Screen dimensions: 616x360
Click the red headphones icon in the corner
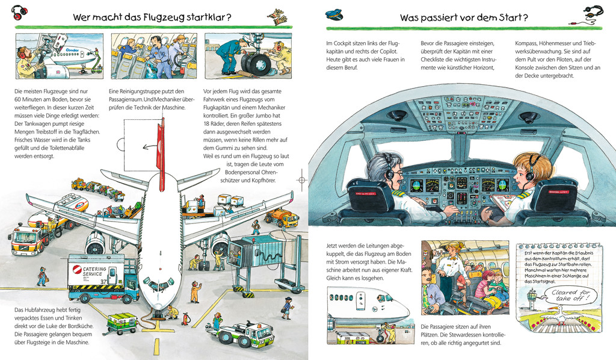19,13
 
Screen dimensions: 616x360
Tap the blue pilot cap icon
334,15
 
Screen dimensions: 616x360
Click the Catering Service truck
103,278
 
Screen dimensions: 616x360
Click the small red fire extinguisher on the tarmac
185,318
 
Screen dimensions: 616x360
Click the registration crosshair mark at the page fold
302,180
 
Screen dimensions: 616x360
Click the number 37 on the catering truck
103,281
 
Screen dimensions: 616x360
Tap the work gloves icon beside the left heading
278,16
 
